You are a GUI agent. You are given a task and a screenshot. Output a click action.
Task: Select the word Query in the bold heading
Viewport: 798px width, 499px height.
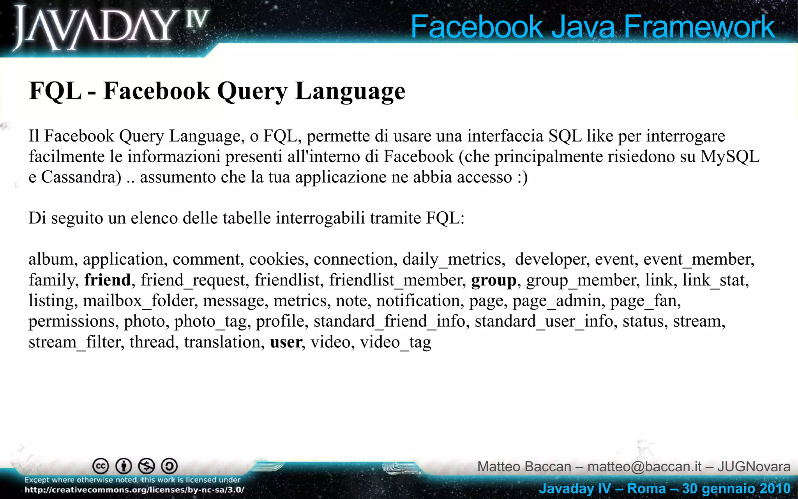252,91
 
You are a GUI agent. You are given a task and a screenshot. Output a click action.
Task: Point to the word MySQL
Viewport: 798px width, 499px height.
730,156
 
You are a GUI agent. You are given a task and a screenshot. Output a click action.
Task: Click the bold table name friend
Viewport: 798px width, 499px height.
108,280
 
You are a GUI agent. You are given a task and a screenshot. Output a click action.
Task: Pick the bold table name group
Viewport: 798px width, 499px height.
494,280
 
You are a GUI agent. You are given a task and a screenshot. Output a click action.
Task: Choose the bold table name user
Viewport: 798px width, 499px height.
286,342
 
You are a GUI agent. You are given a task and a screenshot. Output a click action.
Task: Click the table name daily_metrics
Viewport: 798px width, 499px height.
454,259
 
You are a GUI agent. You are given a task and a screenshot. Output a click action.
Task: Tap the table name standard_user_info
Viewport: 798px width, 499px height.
544,321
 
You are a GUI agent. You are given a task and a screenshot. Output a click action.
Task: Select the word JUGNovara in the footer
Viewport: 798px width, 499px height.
754,467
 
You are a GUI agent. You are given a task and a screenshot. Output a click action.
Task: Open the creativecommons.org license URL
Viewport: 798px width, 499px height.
134,490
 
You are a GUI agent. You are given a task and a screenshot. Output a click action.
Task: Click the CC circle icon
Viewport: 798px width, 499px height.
101,466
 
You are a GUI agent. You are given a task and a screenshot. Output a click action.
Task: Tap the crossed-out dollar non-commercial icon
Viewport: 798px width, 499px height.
147,466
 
